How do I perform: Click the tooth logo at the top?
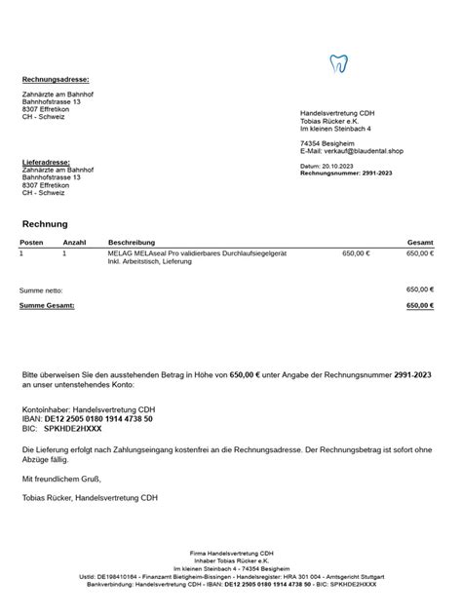[339, 65]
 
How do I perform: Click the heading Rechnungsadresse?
[56, 79]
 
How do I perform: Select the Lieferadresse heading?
[46, 161]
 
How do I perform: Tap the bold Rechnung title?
[45, 224]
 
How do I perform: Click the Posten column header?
[31, 241]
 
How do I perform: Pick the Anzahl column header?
[75, 241]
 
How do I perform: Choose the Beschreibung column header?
[132, 241]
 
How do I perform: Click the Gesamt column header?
[420, 241]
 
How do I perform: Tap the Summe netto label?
[41, 289]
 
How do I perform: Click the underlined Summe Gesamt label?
[47, 305]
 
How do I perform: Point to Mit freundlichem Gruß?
[61, 479]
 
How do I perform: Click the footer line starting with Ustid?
[230, 577]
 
